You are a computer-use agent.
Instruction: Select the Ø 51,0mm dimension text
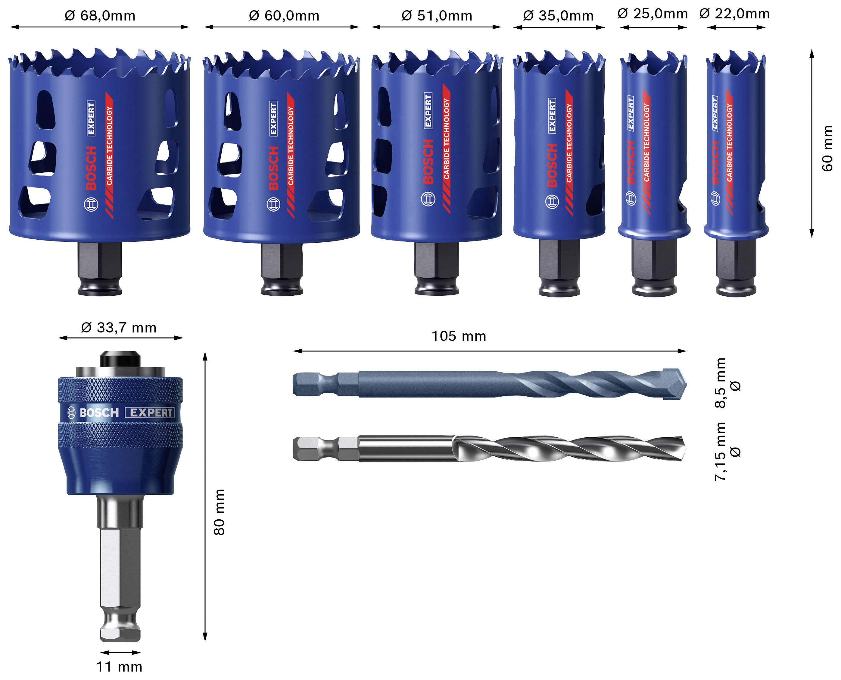(x=436, y=16)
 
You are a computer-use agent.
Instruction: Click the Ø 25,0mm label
(x=653, y=14)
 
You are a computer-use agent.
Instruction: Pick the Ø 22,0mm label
(x=734, y=14)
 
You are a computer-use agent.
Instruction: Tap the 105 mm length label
(x=459, y=336)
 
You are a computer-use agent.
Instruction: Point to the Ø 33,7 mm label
(x=119, y=328)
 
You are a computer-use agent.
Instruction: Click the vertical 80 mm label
(x=220, y=512)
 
